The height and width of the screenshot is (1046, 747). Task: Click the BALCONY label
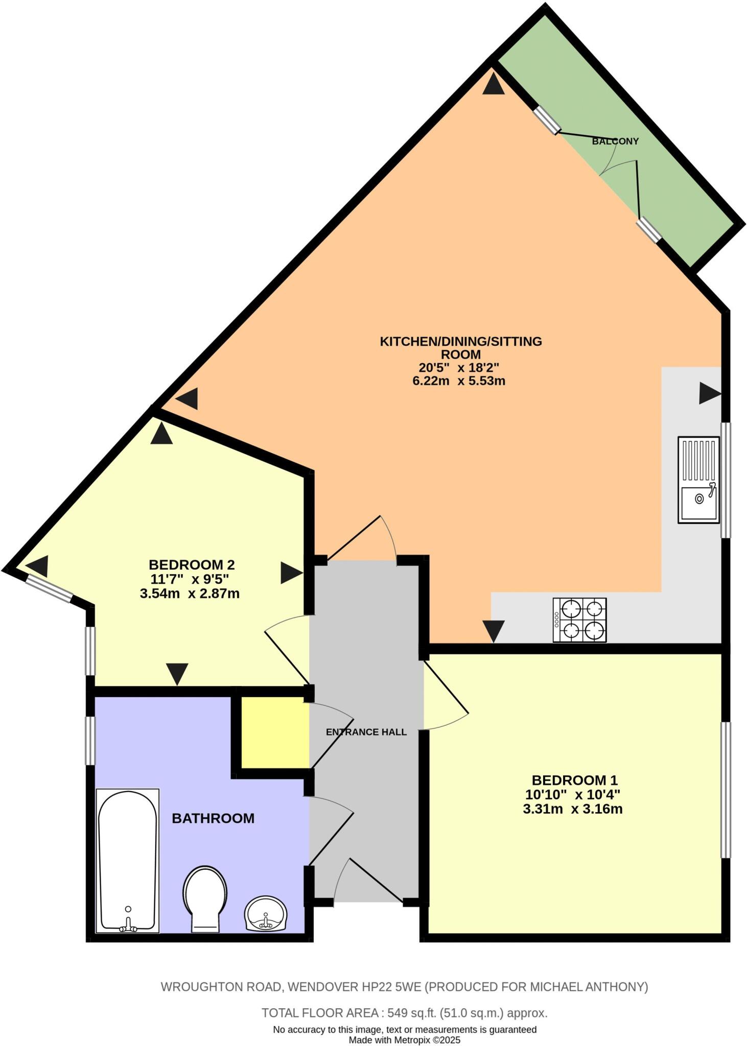(615, 141)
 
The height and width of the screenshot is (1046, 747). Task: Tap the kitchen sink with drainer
(698, 480)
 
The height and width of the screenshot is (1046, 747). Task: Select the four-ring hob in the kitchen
(579, 620)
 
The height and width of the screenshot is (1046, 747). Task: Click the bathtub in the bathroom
(127, 861)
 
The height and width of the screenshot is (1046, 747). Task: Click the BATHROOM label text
(213, 818)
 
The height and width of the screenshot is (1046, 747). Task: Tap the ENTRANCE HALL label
(366, 732)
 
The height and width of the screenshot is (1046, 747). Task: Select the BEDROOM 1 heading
(574, 780)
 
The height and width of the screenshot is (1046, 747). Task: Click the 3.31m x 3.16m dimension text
(572, 809)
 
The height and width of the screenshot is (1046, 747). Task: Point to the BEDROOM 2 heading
(192, 564)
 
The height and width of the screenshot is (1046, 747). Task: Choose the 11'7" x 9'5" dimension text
(190, 579)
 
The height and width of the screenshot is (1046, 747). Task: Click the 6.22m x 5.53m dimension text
(458, 381)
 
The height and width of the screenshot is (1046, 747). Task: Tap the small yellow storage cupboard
(275, 732)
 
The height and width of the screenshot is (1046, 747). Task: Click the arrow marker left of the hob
(494, 631)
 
